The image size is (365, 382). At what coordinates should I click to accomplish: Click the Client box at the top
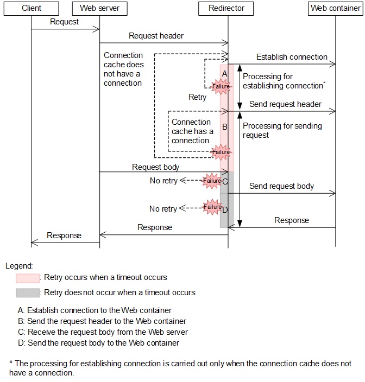pyautogui.click(x=32, y=8)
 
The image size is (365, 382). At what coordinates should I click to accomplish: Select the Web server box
pyautogui.click(x=99, y=8)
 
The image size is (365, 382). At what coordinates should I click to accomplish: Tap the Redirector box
pyautogui.click(x=226, y=8)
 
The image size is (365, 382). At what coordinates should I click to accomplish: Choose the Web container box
pyautogui.click(x=335, y=8)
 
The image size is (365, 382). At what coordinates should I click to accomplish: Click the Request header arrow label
pyautogui.click(x=156, y=36)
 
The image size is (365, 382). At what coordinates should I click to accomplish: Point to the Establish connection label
pyautogui.click(x=292, y=57)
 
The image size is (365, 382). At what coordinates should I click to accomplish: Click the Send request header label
pyautogui.click(x=285, y=104)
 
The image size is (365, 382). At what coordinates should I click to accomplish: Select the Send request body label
pyautogui.click(x=281, y=186)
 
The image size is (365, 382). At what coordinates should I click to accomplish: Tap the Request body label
pyautogui.click(x=155, y=167)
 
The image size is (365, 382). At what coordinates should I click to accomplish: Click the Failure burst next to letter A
pyautogui.click(x=221, y=86)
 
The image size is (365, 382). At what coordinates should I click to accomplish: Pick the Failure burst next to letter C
pyautogui.click(x=212, y=181)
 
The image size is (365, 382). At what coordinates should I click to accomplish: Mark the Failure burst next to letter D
pyautogui.click(x=212, y=207)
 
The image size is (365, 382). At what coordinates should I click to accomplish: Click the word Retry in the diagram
pyautogui.click(x=197, y=97)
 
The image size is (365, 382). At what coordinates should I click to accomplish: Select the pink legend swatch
pyautogui.click(x=28, y=278)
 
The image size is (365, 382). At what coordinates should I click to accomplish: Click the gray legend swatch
pyautogui.click(x=28, y=293)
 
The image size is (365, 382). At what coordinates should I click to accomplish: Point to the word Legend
pyautogui.click(x=19, y=266)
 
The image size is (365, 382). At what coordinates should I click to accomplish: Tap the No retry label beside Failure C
pyautogui.click(x=163, y=181)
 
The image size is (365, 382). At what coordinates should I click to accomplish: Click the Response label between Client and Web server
pyautogui.click(x=64, y=235)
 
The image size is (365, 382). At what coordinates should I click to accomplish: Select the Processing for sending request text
pyautogui.click(x=282, y=130)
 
